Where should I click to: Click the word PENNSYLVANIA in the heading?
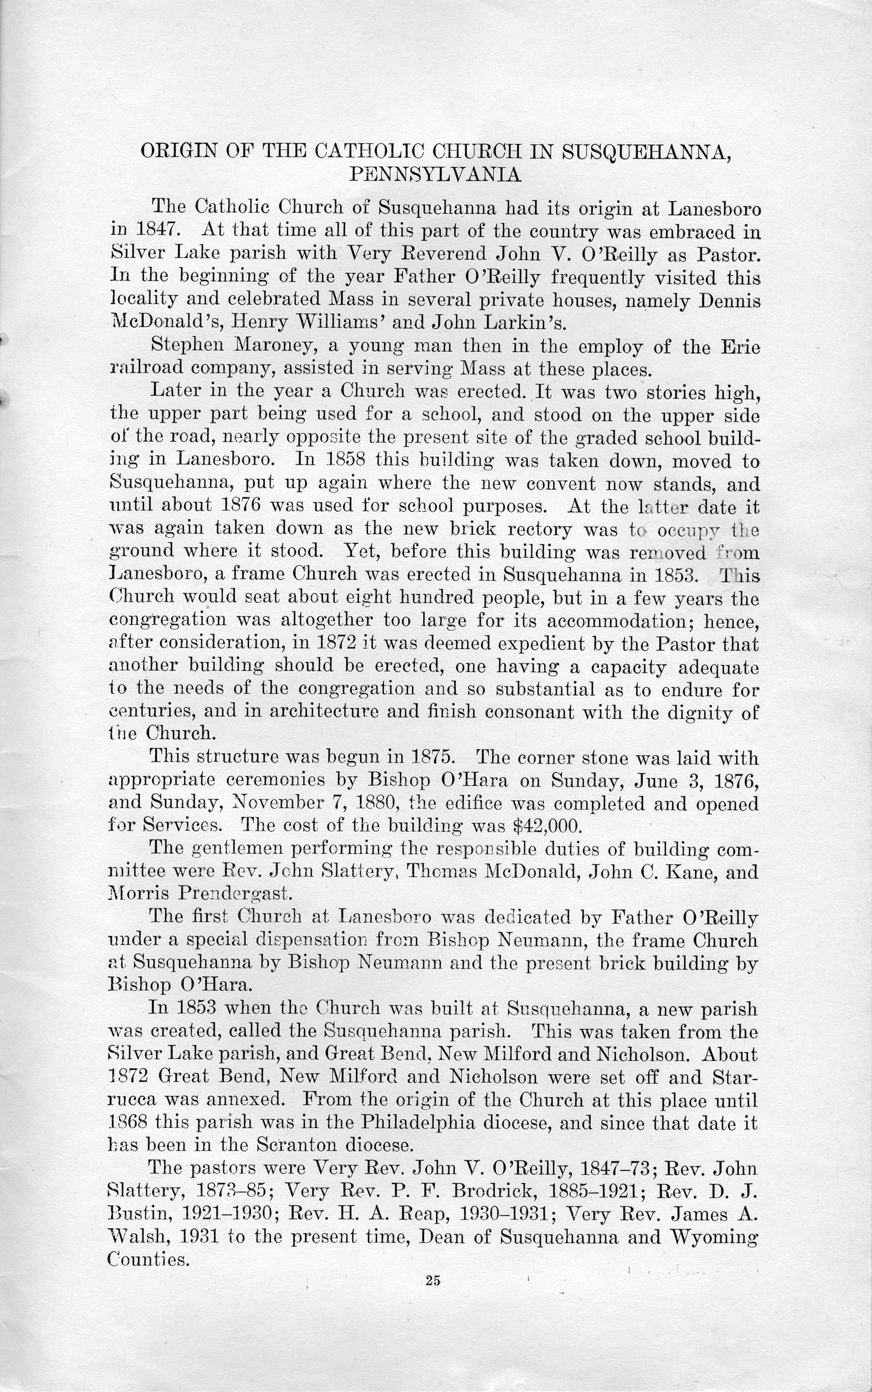pyautogui.click(x=436, y=175)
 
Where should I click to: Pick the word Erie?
pyautogui.click(x=740, y=347)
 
